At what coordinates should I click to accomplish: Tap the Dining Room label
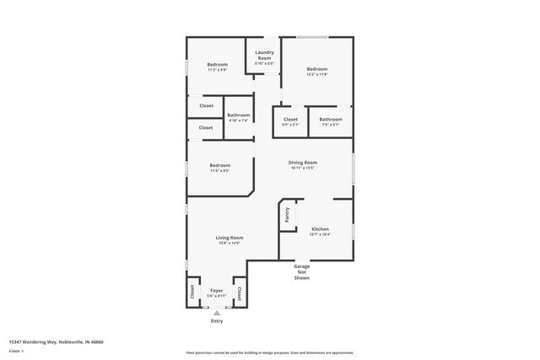point(303,162)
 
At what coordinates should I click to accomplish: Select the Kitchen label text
point(320,229)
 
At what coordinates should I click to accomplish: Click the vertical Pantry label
point(287,217)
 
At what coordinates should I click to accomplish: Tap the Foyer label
point(217,290)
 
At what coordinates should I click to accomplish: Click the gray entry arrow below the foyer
point(217,312)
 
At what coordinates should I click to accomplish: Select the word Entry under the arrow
point(217,320)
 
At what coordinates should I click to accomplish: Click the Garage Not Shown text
point(302,271)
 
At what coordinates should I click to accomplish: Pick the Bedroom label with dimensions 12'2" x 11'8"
point(316,69)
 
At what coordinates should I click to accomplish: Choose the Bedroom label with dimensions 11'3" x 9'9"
point(218,64)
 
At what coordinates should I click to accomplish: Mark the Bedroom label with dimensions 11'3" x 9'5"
point(220,165)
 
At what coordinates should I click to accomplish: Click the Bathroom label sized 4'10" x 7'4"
point(238,115)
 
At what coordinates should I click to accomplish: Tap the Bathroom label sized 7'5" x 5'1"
point(331,120)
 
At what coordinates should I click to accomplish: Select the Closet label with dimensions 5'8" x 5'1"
point(290,120)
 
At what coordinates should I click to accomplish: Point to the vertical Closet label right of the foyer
point(240,293)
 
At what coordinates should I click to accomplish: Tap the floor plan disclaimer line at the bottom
point(269,352)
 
